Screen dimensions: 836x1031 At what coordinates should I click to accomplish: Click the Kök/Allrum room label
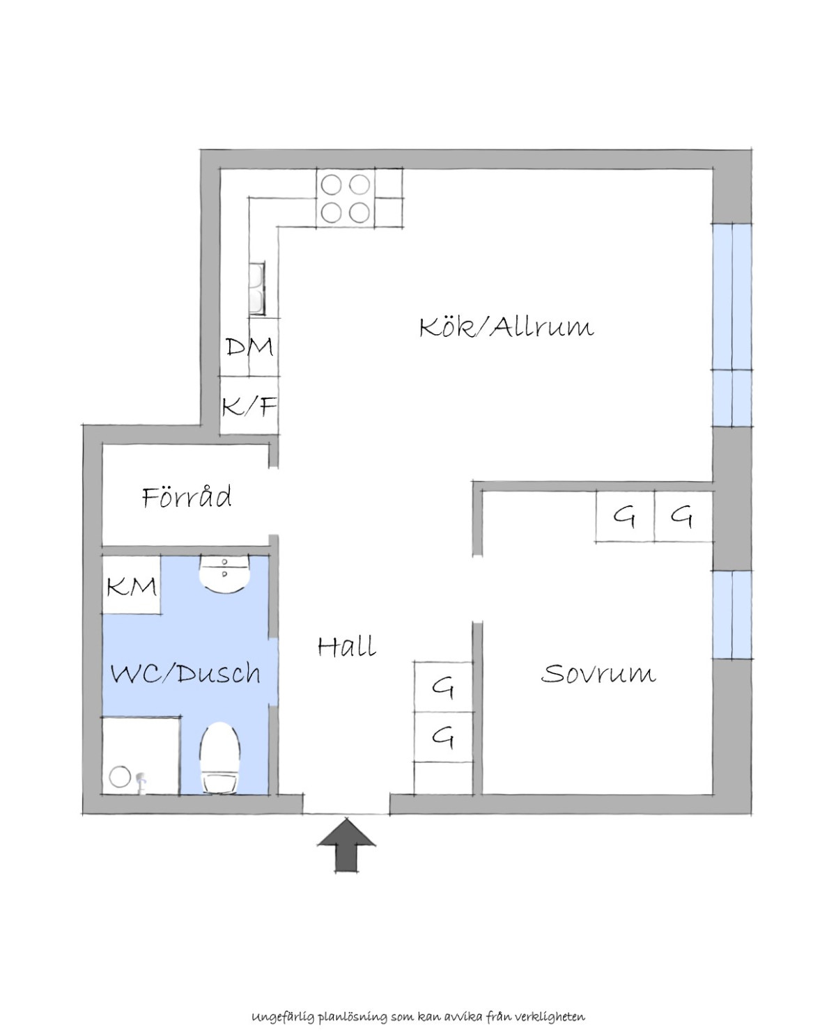click(506, 327)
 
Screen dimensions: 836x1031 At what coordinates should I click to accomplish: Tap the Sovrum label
click(598, 673)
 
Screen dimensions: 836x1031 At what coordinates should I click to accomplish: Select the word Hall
click(347, 646)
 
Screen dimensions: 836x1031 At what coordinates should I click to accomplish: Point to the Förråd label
click(187, 496)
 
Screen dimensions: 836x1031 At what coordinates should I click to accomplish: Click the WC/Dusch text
click(185, 673)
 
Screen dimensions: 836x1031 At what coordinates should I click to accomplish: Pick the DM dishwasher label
click(249, 347)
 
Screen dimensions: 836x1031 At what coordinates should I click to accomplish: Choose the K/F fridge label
click(249, 406)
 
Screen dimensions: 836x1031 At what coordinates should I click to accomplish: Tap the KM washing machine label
click(132, 587)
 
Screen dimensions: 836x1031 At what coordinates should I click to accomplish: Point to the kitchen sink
click(256, 288)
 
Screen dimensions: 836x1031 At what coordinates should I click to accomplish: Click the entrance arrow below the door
click(347, 844)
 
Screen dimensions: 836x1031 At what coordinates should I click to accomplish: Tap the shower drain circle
click(120, 776)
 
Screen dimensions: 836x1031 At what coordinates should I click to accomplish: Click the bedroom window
click(732, 614)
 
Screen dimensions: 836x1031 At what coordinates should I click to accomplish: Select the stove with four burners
click(346, 198)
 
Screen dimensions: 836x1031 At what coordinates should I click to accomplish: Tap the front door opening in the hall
click(346, 805)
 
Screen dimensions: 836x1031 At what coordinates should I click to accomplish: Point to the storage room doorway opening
click(274, 501)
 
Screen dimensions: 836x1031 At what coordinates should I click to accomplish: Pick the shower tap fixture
click(141, 783)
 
